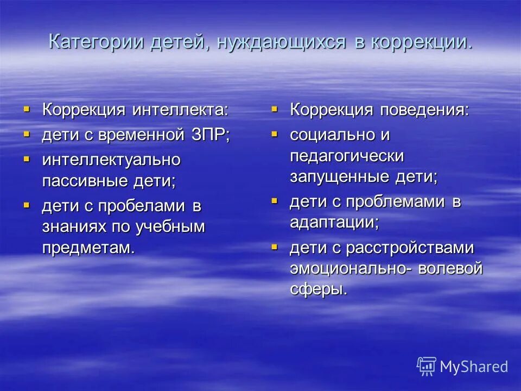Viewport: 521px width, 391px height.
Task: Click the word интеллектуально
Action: pos(111,160)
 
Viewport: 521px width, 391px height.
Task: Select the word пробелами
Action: pos(140,206)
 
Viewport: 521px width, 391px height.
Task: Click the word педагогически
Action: pos(347,156)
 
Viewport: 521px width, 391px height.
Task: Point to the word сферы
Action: pos(319,289)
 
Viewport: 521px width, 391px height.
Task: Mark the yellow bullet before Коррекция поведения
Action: pos(275,109)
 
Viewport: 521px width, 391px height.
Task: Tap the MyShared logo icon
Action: pos(427,367)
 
